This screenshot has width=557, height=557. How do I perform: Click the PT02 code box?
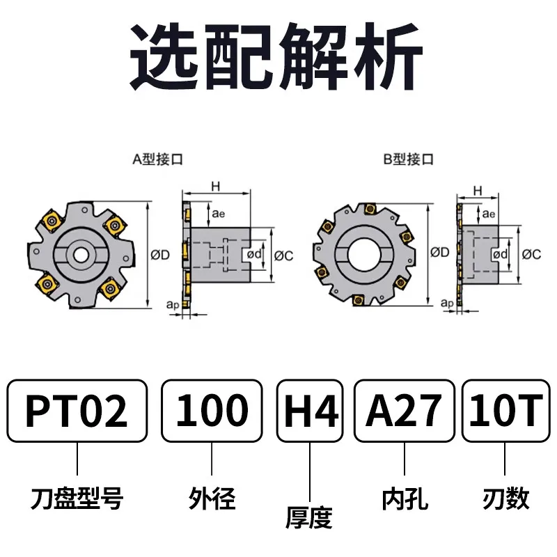pyautogui.click(x=77, y=411)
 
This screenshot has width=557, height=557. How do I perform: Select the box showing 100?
pyautogui.click(x=212, y=411)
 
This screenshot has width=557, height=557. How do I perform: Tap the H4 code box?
pyautogui.click(x=310, y=411)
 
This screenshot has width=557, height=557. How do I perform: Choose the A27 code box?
pyautogui.click(x=405, y=411)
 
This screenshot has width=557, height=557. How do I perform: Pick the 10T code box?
pyautogui.click(x=506, y=411)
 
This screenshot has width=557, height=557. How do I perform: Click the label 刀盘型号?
pyautogui.click(x=77, y=498)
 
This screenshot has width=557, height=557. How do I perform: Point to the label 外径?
pyautogui.click(x=212, y=498)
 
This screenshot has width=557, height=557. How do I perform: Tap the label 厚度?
pyautogui.click(x=309, y=517)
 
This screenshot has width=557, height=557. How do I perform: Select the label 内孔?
pyautogui.click(x=405, y=499)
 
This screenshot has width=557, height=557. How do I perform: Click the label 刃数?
pyautogui.click(x=505, y=499)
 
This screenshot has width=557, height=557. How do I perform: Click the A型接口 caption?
pyautogui.click(x=157, y=159)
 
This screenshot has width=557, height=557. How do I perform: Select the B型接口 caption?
pyautogui.click(x=409, y=159)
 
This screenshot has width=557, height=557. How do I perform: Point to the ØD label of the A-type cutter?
pyautogui.click(x=160, y=255)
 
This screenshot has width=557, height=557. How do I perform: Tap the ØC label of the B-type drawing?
pyautogui.click(x=531, y=254)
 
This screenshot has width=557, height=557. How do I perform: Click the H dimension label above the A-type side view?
pyautogui.click(x=216, y=186)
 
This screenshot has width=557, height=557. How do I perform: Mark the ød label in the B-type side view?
pyautogui.click(x=500, y=254)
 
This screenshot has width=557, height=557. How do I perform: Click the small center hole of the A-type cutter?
pyautogui.click(x=81, y=254)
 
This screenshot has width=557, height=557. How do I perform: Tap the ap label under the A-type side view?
pyautogui.click(x=173, y=305)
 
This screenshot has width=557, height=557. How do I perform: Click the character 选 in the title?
pyautogui.click(x=164, y=57)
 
